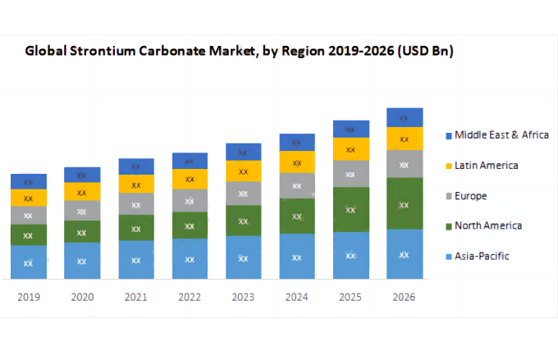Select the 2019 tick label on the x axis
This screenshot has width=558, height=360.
[x=28, y=297]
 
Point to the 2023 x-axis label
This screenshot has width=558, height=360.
[x=243, y=297]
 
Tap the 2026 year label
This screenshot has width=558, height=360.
[x=405, y=297]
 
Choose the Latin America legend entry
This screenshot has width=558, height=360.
[x=487, y=166]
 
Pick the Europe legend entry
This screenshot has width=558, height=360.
[x=471, y=196]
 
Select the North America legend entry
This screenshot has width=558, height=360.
[x=488, y=226]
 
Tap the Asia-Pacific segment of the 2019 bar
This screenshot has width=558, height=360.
[x=28, y=262]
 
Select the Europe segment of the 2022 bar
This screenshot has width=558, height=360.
[x=190, y=200]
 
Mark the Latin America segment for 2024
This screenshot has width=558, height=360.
[x=297, y=162]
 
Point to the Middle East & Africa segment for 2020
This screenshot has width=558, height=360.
[x=82, y=175]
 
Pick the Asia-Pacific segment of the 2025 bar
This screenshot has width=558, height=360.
[x=351, y=255]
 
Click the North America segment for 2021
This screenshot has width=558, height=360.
[x=135, y=227]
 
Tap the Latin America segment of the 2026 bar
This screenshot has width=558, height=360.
[x=405, y=139]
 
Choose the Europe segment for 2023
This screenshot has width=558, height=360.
[x=243, y=194]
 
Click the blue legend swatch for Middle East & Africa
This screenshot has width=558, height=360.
[x=448, y=135]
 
